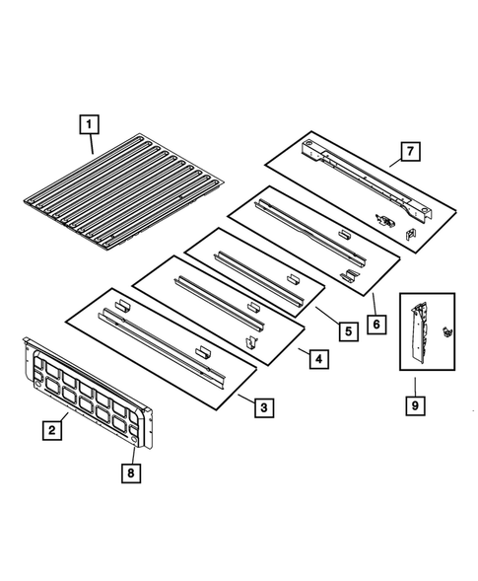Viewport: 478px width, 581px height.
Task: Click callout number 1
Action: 89,124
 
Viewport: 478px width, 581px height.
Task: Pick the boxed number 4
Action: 316,360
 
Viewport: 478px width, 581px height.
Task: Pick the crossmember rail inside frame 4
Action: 217,300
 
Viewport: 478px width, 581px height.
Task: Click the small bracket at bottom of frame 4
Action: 250,340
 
